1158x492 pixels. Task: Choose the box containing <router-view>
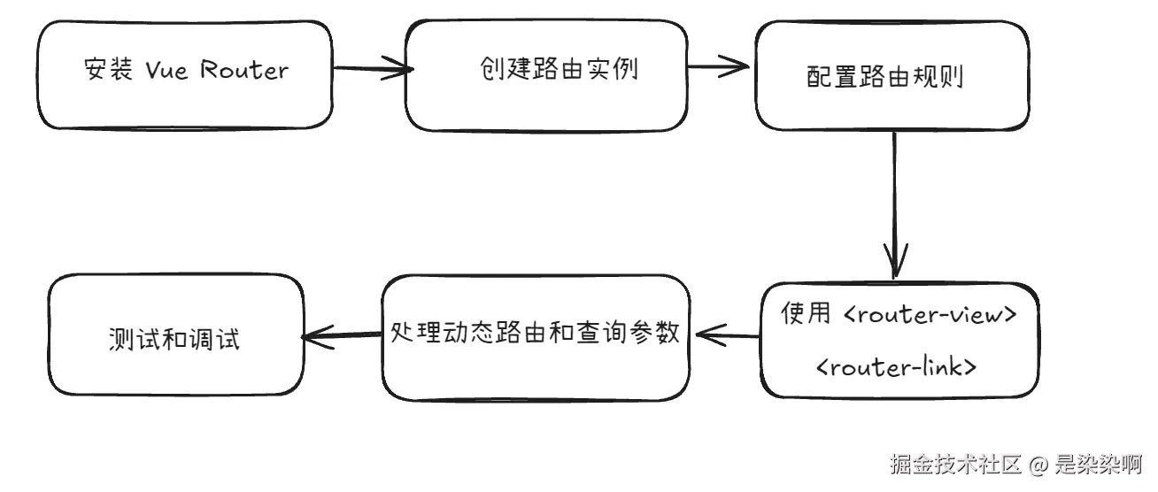pyautogui.click(x=899, y=340)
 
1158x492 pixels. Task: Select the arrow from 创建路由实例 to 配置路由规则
pyautogui.click(x=721, y=65)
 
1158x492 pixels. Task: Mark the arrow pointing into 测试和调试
pyautogui.click(x=342, y=335)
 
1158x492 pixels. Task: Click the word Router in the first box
pyautogui.click(x=244, y=70)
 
